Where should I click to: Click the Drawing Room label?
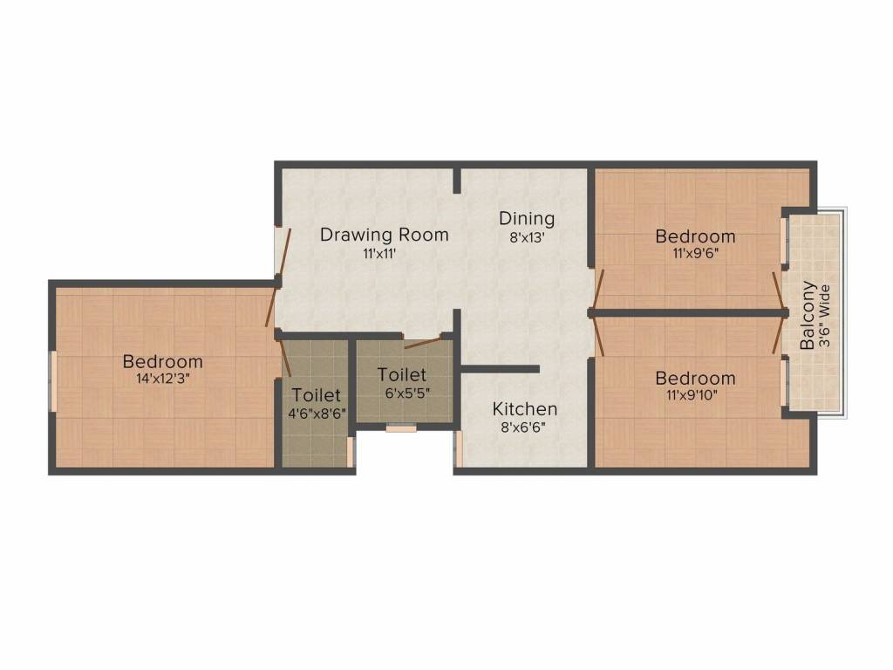[x=385, y=235]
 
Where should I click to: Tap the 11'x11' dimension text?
[x=379, y=254]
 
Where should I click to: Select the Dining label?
[x=527, y=219]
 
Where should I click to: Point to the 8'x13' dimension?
[x=527, y=237]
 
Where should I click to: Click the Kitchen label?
[x=524, y=409]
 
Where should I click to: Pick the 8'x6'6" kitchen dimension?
[x=523, y=427]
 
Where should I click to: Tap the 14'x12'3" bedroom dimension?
[x=162, y=379]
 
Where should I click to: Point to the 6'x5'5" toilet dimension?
[x=407, y=393]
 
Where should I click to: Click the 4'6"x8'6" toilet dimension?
[x=317, y=414]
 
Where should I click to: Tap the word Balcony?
[x=808, y=315]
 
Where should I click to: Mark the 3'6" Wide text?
[x=825, y=316]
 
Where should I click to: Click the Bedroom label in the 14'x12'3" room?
[x=163, y=362]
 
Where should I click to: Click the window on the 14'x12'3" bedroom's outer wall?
[x=53, y=381]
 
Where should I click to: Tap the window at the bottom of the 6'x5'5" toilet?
[x=401, y=427]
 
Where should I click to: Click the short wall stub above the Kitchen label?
[x=500, y=369]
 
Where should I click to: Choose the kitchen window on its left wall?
[x=458, y=449]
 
